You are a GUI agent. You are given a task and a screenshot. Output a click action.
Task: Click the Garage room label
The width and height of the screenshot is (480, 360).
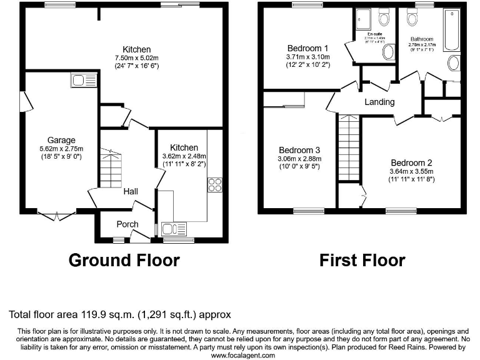click(x=61, y=140)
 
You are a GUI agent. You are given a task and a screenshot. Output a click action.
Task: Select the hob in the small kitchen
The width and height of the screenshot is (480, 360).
click(x=216, y=185)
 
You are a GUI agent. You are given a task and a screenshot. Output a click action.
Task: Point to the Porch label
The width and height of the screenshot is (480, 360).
click(x=128, y=224)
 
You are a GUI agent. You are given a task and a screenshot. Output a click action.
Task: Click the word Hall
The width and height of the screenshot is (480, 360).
click(x=130, y=192)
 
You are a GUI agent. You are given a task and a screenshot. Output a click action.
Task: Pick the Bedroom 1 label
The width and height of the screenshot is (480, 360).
click(x=308, y=48)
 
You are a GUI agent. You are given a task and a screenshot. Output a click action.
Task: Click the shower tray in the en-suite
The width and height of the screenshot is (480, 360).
click(x=364, y=21)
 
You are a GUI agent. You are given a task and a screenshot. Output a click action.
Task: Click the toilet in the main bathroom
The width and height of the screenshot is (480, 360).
click(x=412, y=18)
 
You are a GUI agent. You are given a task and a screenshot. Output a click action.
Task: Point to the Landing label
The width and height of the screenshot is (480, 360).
click(x=379, y=102)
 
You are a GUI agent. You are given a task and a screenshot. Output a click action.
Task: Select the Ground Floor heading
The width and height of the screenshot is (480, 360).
click(x=123, y=259)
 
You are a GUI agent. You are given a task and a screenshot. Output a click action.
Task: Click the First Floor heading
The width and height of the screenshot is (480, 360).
click(x=362, y=259)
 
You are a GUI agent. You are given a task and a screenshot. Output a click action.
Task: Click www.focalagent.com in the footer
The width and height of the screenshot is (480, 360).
click(x=243, y=355)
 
